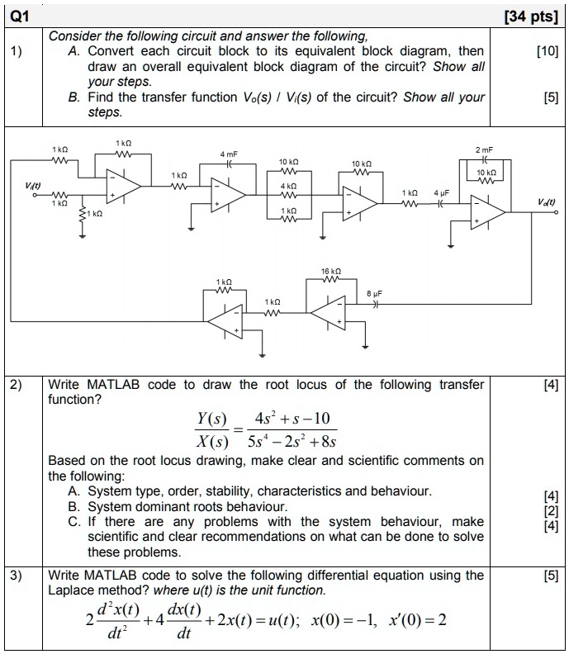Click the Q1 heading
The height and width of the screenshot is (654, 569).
19,17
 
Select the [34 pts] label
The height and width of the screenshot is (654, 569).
531,17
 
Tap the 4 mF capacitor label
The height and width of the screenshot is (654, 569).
229,154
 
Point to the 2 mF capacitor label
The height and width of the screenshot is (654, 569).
484,149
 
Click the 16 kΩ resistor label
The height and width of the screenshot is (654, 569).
331,271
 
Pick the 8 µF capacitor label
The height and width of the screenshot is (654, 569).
374,294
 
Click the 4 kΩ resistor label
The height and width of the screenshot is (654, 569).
288,186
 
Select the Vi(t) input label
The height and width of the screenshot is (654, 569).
33,185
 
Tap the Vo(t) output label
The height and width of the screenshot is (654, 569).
546,202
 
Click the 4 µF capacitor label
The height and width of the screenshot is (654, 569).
441,192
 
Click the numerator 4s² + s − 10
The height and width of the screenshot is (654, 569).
292,418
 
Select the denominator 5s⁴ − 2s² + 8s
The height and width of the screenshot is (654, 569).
292,441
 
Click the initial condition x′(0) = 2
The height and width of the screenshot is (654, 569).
418,620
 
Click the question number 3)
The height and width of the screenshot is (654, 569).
16,576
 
